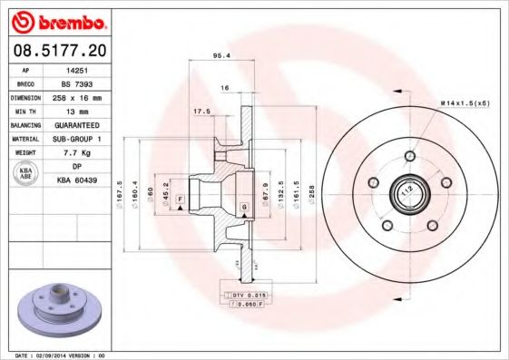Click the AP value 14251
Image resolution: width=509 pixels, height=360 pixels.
point(77,69)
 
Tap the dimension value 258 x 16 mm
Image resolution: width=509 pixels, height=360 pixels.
point(77,95)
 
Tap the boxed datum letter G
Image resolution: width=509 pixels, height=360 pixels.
point(244,209)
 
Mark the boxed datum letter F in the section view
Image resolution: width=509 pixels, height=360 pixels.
point(181,199)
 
